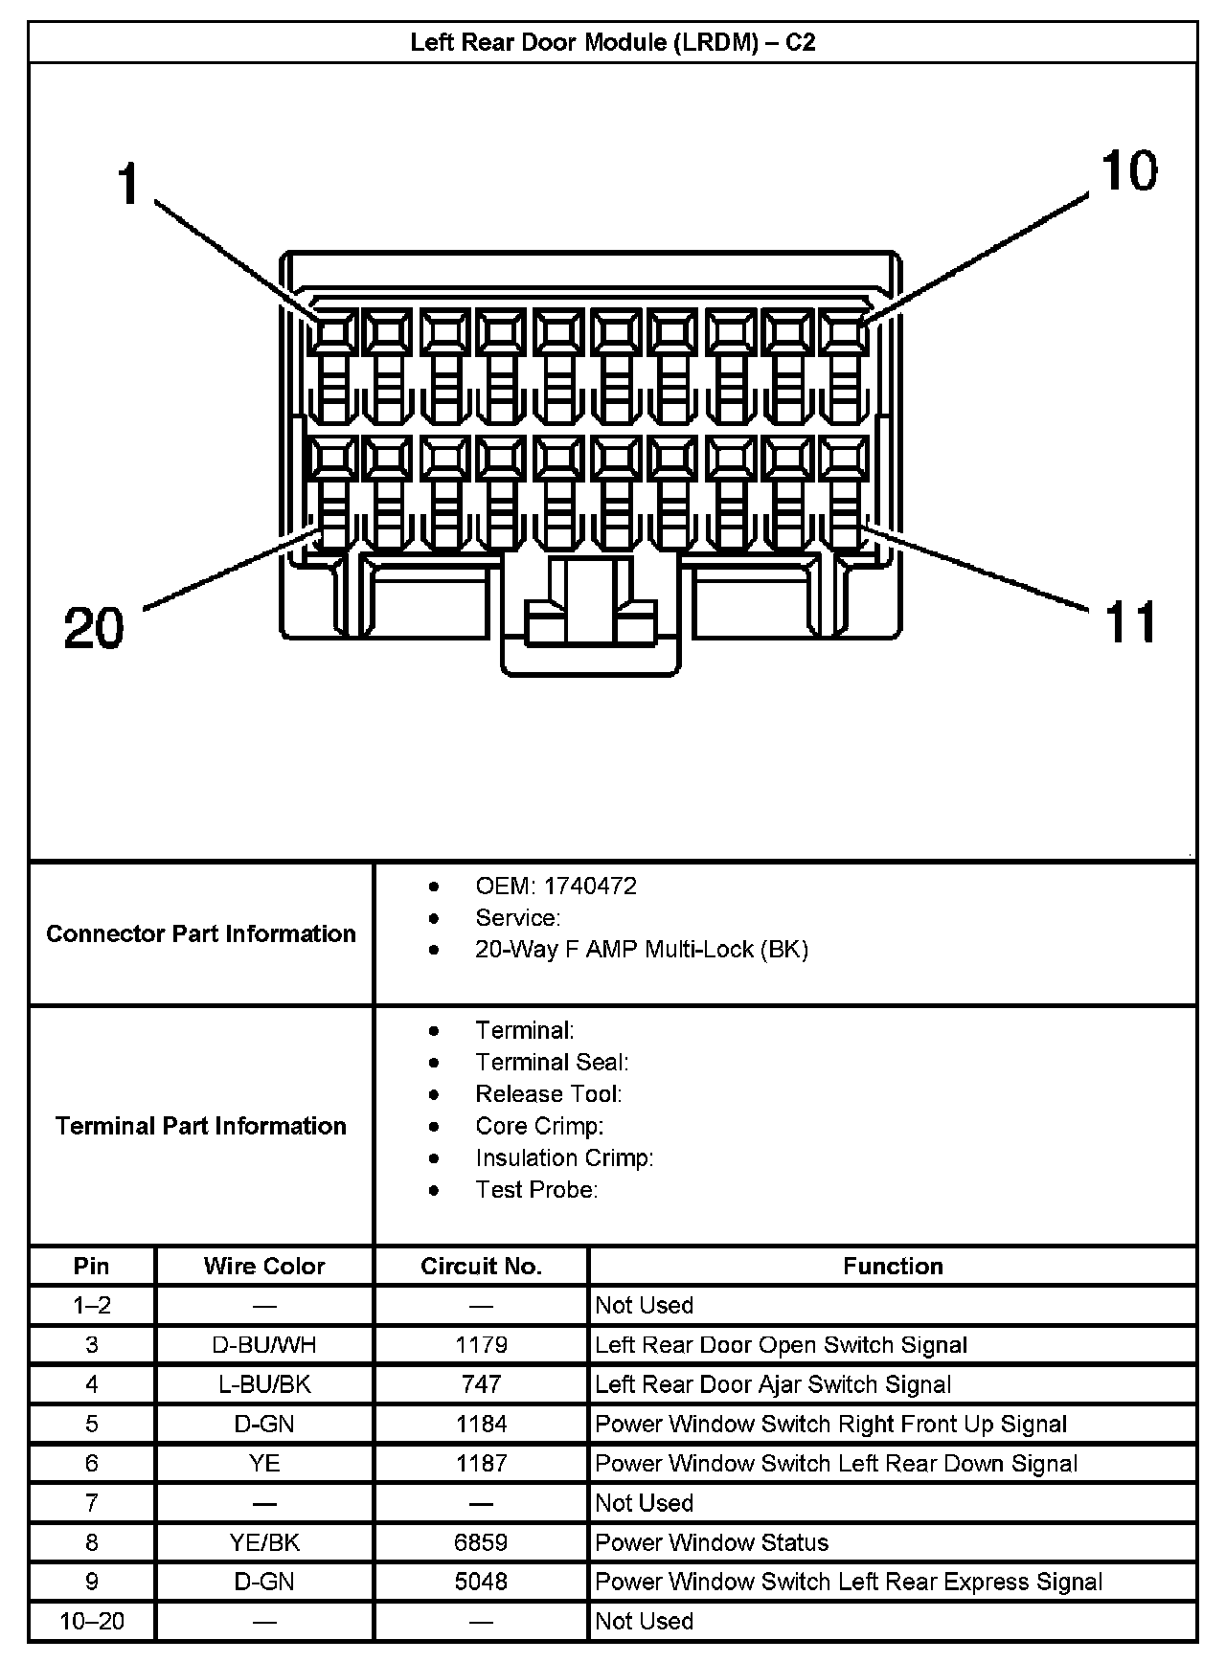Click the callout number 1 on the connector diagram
tap(128, 184)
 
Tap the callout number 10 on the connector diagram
tap(1129, 171)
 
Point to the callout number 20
tap(94, 629)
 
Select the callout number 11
tap(1130, 622)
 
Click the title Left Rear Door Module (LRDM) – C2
tap(613, 43)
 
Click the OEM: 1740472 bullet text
tap(556, 886)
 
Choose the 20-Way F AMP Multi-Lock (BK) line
tap(642, 949)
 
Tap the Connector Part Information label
tap(201, 933)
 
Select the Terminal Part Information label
tap(201, 1125)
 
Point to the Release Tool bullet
tap(548, 1093)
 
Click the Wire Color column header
tap(264, 1266)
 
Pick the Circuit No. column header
tap(481, 1266)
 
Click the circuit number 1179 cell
tap(481, 1344)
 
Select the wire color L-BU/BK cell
tap(264, 1384)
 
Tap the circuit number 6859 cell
tap(481, 1542)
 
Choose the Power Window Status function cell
tap(712, 1542)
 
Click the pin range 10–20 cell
tap(92, 1621)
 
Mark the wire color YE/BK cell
tap(264, 1542)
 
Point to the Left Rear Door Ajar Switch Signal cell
tap(773, 1384)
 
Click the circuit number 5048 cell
tap(481, 1582)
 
